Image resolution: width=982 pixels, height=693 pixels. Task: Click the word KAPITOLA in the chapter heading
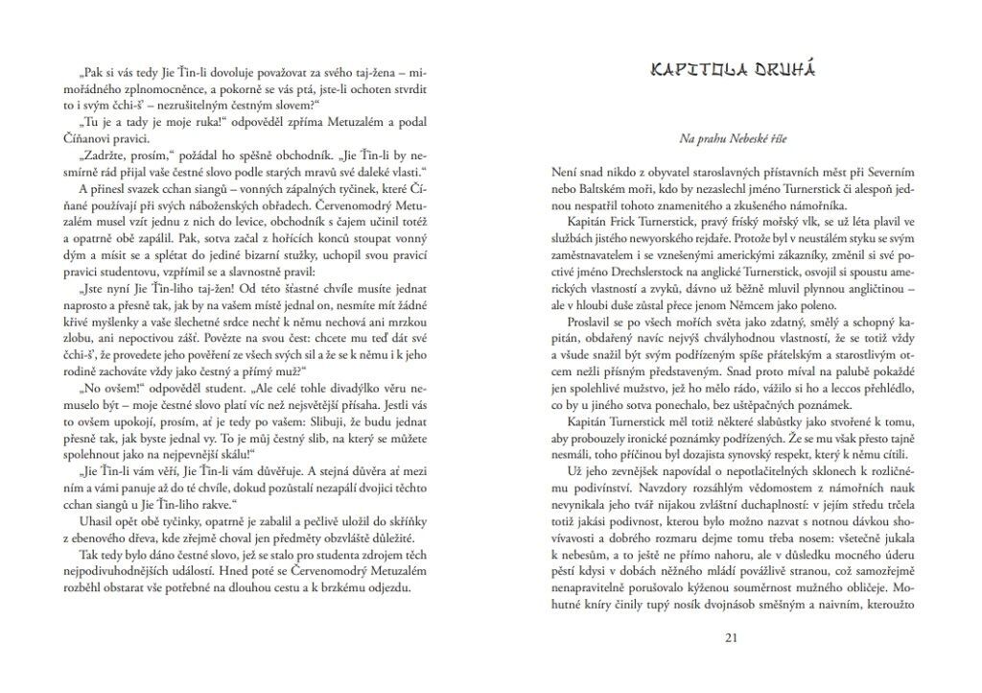[692, 69]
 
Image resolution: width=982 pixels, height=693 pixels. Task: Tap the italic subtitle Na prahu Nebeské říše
[732, 140]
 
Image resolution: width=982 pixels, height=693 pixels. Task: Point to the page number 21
[732, 637]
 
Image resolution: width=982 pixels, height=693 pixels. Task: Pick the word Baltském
[605, 187]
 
